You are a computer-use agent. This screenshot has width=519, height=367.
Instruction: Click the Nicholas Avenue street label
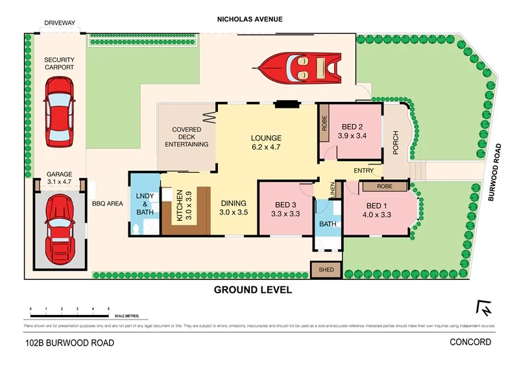[250, 19]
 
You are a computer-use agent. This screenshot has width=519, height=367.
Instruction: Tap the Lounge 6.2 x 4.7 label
[267, 143]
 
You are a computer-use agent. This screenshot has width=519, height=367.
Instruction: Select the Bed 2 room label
[353, 131]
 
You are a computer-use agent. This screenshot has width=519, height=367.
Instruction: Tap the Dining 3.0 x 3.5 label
[234, 208]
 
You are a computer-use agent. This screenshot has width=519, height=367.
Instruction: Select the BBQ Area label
[107, 203]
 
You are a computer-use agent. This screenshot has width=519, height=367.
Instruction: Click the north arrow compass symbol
[484, 308]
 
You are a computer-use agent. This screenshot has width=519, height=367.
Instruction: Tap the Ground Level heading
[253, 290]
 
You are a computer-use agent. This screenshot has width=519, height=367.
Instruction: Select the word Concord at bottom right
[472, 342]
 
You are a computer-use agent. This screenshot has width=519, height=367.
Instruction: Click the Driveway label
[60, 23]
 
